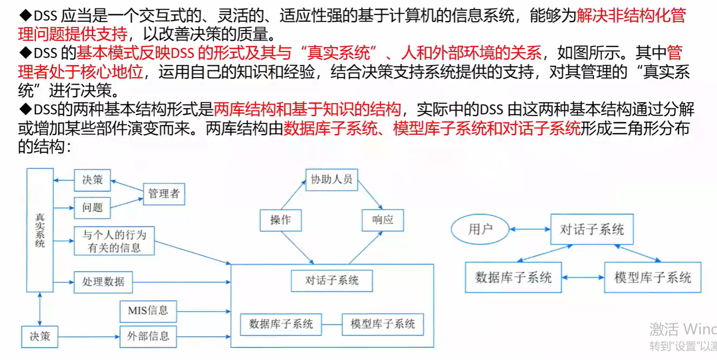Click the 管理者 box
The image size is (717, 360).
[x=164, y=194]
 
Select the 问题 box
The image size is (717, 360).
[x=92, y=208]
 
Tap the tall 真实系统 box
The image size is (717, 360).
[x=40, y=230]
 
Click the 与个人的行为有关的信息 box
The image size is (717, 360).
[x=114, y=241]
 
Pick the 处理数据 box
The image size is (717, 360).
[x=103, y=282]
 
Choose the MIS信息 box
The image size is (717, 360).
[x=148, y=311]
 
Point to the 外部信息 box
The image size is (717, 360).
[x=148, y=336]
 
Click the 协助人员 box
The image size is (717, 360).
[x=331, y=180]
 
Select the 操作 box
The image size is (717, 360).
[x=281, y=220]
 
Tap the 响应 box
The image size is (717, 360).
[x=383, y=220]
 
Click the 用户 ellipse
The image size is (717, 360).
[x=480, y=229]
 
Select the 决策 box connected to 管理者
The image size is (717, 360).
[x=92, y=180]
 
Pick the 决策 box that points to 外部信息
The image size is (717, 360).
[x=40, y=336]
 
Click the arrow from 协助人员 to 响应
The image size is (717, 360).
[x=370, y=197]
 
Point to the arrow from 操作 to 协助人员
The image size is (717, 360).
[x=293, y=197]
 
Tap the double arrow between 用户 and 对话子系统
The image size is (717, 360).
[x=530, y=229]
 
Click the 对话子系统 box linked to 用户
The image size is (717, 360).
[x=592, y=229]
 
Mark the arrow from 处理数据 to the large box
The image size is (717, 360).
[x=182, y=282]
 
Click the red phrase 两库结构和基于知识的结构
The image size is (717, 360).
[x=307, y=110]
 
